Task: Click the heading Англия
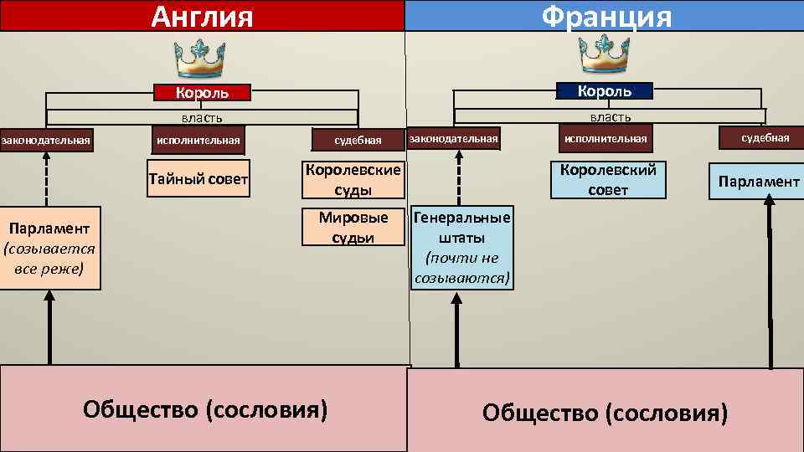pyautogui.click(x=202, y=16)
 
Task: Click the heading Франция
pyautogui.click(x=606, y=16)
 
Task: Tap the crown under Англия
pyautogui.click(x=200, y=58)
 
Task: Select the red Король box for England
pyautogui.click(x=201, y=93)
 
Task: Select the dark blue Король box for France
pyautogui.click(x=605, y=90)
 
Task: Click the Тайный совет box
pyautogui.click(x=198, y=179)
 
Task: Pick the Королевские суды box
pyautogui.click(x=351, y=179)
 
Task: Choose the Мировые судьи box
pyautogui.click(x=353, y=227)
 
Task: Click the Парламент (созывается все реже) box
pyautogui.click(x=50, y=249)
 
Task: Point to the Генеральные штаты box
pyautogui.click(x=461, y=249)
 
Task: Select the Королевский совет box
pyautogui.click(x=608, y=179)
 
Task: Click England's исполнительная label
pyautogui.click(x=198, y=140)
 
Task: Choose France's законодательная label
pyautogui.click(x=453, y=138)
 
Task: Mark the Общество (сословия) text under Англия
pyautogui.click(x=205, y=409)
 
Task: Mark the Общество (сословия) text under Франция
pyautogui.click(x=605, y=413)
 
